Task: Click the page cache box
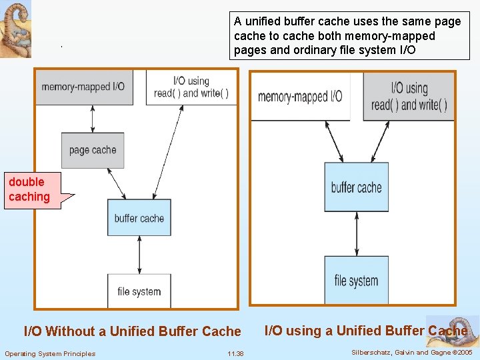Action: pos(93,150)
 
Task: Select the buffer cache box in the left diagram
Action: pos(139,217)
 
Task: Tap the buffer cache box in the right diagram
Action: pos(356,187)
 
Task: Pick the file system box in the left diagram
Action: pos(139,291)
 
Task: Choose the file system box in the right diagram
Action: pos(356,281)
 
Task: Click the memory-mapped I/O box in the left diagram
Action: pos(83,87)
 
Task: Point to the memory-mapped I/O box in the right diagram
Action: pos(300,97)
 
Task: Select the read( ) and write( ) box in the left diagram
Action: pos(191,87)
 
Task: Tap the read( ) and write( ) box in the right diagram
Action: pos(409,96)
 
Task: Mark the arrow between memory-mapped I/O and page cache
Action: pos(93,119)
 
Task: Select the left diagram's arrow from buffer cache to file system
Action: pos(139,254)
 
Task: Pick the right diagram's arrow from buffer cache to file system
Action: pos(355,234)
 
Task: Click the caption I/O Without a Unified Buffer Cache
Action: pos(132,331)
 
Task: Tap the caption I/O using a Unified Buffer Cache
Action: pos(365,331)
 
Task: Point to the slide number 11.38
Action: pos(235,353)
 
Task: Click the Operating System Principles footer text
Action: pos(50,353)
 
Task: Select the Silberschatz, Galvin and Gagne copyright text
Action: pos(411,352)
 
